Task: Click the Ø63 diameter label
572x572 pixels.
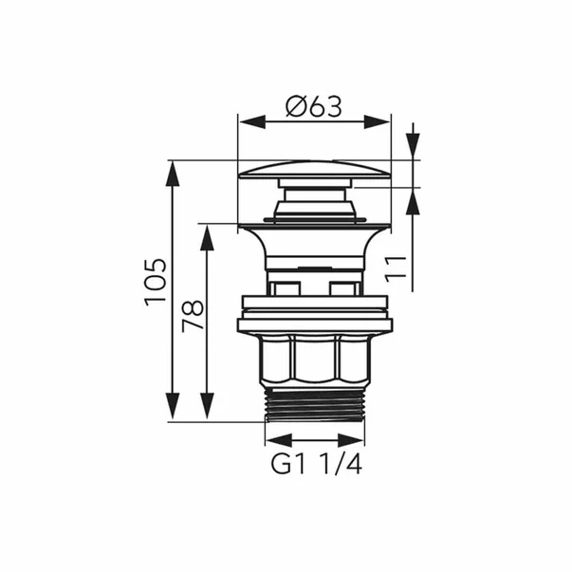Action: tap(314, 107)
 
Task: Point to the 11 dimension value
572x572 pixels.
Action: tap(396, 269)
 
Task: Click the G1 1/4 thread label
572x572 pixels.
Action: tap(316, 465)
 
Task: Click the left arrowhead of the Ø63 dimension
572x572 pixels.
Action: tap(251, 121)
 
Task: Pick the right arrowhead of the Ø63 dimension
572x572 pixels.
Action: tap(378, 121)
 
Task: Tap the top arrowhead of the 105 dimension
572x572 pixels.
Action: tap(173, 174)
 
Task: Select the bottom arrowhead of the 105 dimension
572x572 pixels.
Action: tap(173, 408)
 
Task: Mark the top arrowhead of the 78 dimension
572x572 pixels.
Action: tap(207, 238)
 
